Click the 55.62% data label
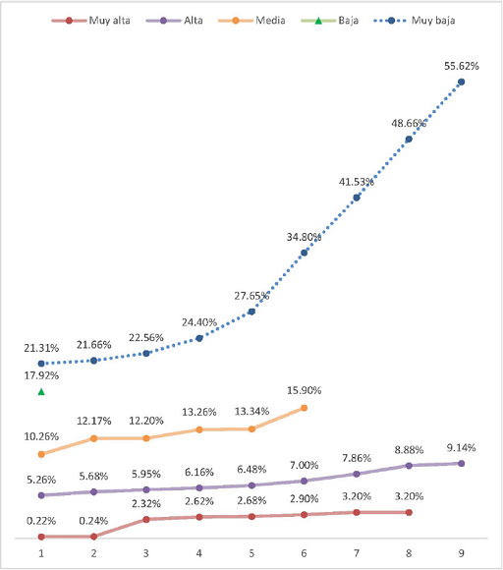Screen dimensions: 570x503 (462, 65)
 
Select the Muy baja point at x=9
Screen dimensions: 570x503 (462, 82)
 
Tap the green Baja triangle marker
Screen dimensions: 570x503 (41, 392)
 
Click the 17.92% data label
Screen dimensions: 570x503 (41, 374)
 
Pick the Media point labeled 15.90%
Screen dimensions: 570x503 (305, 408)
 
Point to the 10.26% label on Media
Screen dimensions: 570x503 (41, 436)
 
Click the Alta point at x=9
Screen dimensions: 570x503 (462, 463)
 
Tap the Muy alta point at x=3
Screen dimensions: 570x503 (146, 519)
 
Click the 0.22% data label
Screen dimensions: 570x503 (41, 520)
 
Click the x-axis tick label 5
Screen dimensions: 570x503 (251, 553)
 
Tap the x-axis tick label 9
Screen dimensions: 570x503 (462, 553)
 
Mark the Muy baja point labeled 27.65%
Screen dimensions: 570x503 (251, 312)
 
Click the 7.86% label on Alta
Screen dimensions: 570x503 (357, 457)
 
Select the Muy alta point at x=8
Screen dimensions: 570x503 (409, 512)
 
